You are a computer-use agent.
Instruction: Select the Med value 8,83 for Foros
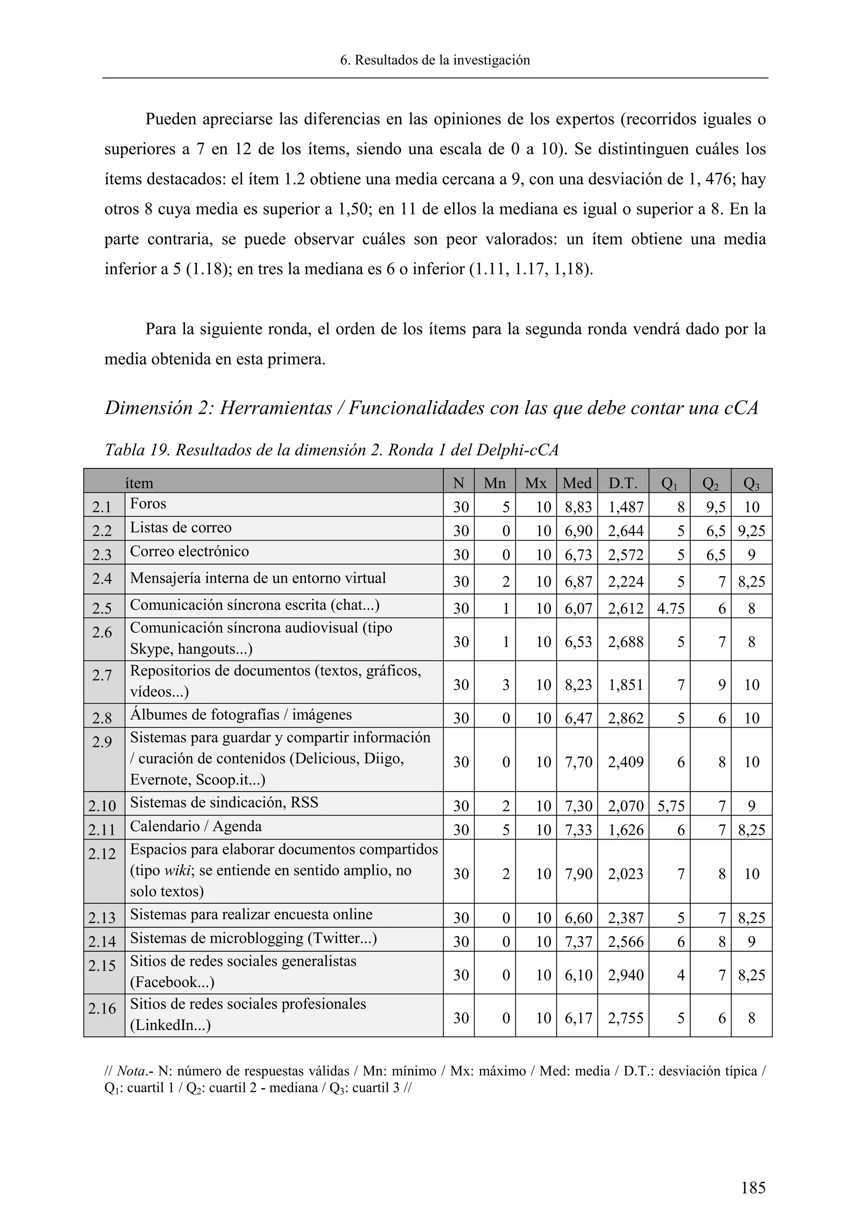[x=578, y=507]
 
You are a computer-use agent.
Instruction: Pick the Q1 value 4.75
[x=670, y=608]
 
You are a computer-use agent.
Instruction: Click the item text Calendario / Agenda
[x=196, y=826]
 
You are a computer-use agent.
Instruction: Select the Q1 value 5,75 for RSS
[x=670, y=806]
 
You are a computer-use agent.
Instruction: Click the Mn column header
[x=494, y=483]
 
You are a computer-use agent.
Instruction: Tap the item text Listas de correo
[x=181, y=527]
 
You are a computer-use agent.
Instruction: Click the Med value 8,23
[x=578, y=685]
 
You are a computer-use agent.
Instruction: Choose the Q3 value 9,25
[x=751, y=531]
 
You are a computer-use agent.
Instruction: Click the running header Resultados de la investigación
[x=442, y=60]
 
